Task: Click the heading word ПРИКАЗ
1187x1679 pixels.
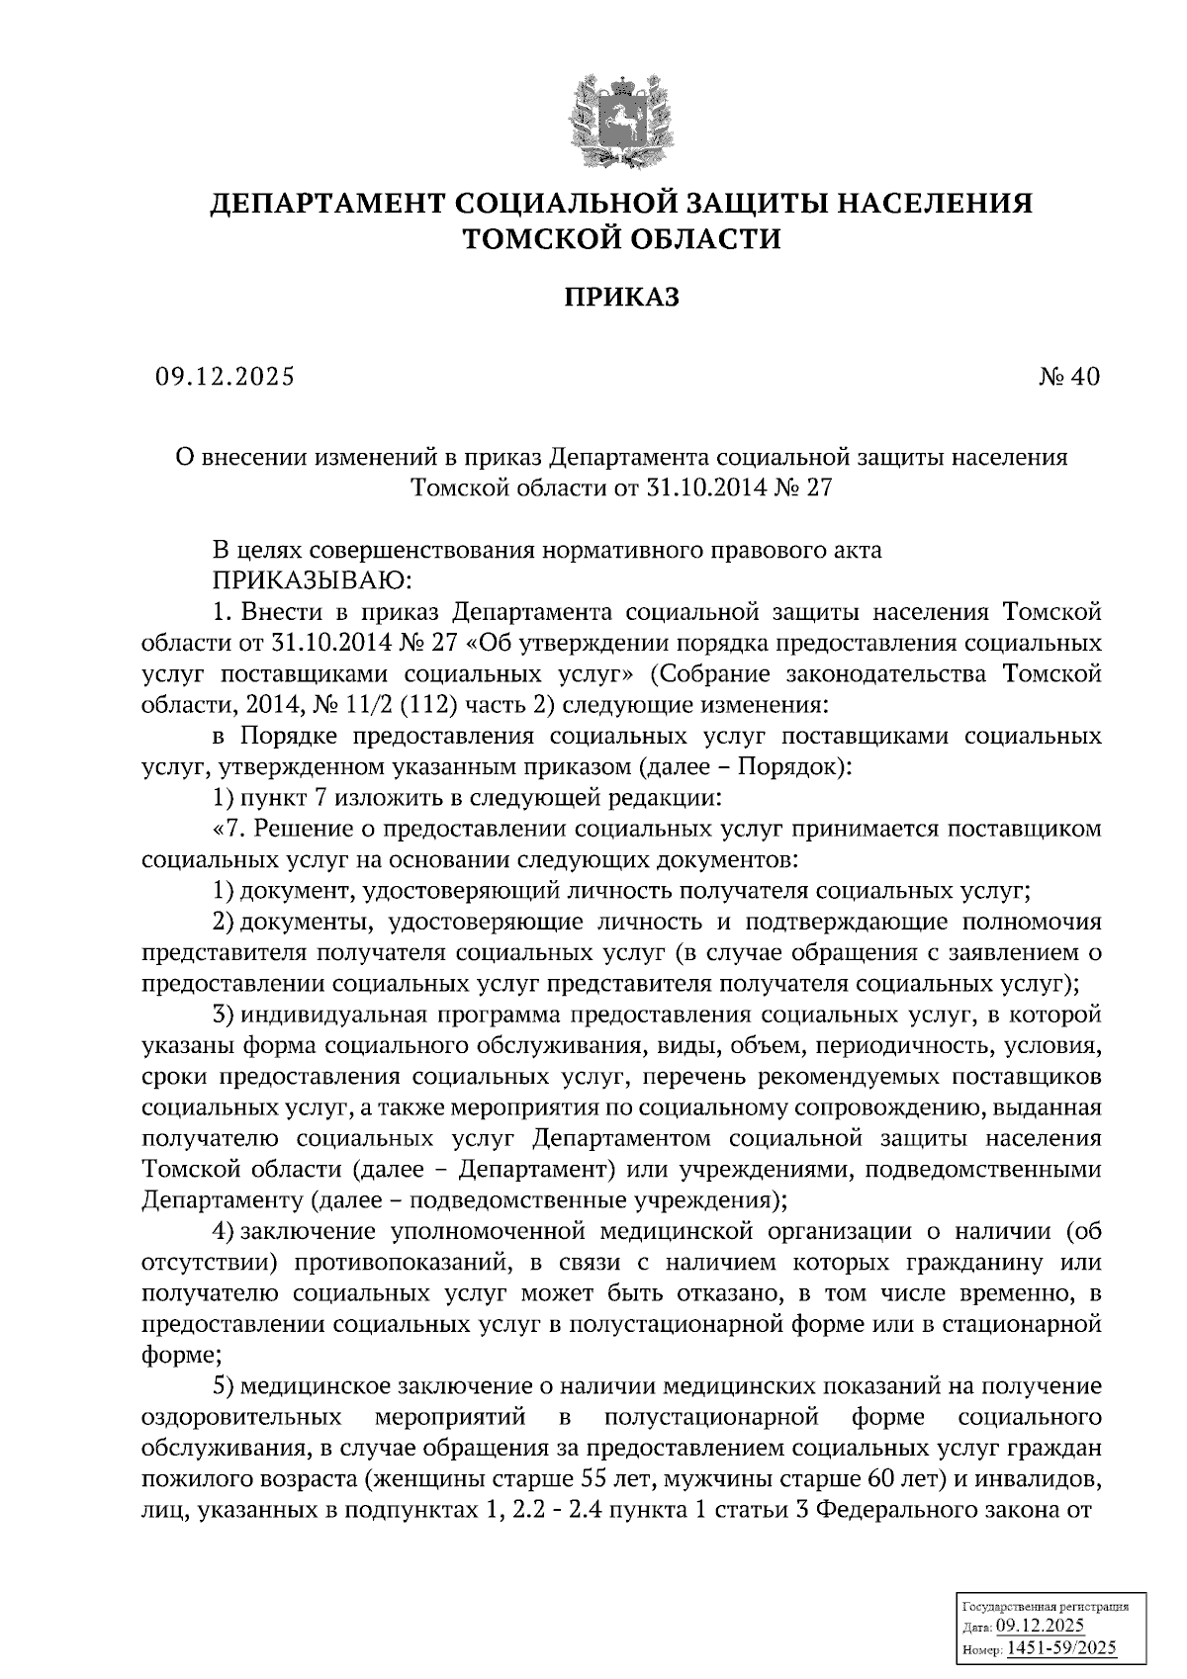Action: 621,298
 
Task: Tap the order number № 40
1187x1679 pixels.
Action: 1068,377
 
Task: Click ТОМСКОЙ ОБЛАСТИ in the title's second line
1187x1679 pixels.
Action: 622,238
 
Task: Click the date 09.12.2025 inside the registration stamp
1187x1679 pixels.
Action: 1041,1627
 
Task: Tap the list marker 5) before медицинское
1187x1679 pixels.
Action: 224,1388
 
